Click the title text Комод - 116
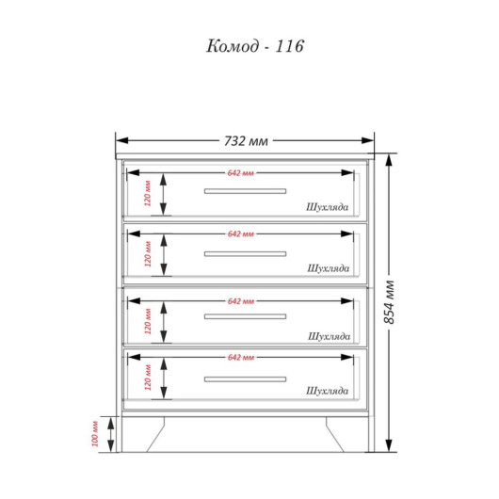[x=255, y=46]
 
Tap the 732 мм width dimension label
[x=246, y=141]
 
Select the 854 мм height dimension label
[x=390, y=302]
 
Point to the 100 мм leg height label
[x=95, y=434]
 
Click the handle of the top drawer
[x=245, y=191]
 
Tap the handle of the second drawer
[x=245, y=254]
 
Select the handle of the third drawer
[x=245, y=316]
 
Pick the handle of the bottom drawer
[x=245, y=379]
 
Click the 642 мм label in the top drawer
[x=241, y=173]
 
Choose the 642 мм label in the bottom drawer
[x=241, y=358]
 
